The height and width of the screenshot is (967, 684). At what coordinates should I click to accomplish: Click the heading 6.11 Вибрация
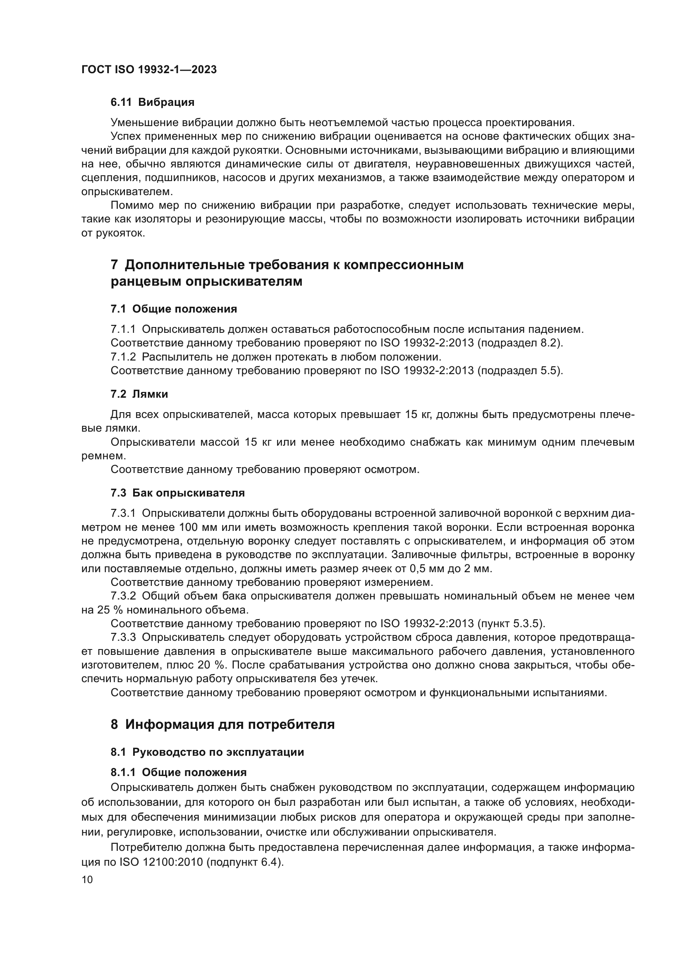point(152,102)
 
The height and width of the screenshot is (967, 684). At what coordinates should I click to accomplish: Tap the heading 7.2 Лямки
point(139,394)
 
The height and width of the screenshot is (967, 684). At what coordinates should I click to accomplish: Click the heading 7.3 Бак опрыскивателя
point(177,493)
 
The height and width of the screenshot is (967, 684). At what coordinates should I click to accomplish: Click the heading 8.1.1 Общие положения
point(179,772)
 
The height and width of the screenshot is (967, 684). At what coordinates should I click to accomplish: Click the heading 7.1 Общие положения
point(174,309)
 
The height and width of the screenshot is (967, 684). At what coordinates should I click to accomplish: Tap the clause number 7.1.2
point(123,357)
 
